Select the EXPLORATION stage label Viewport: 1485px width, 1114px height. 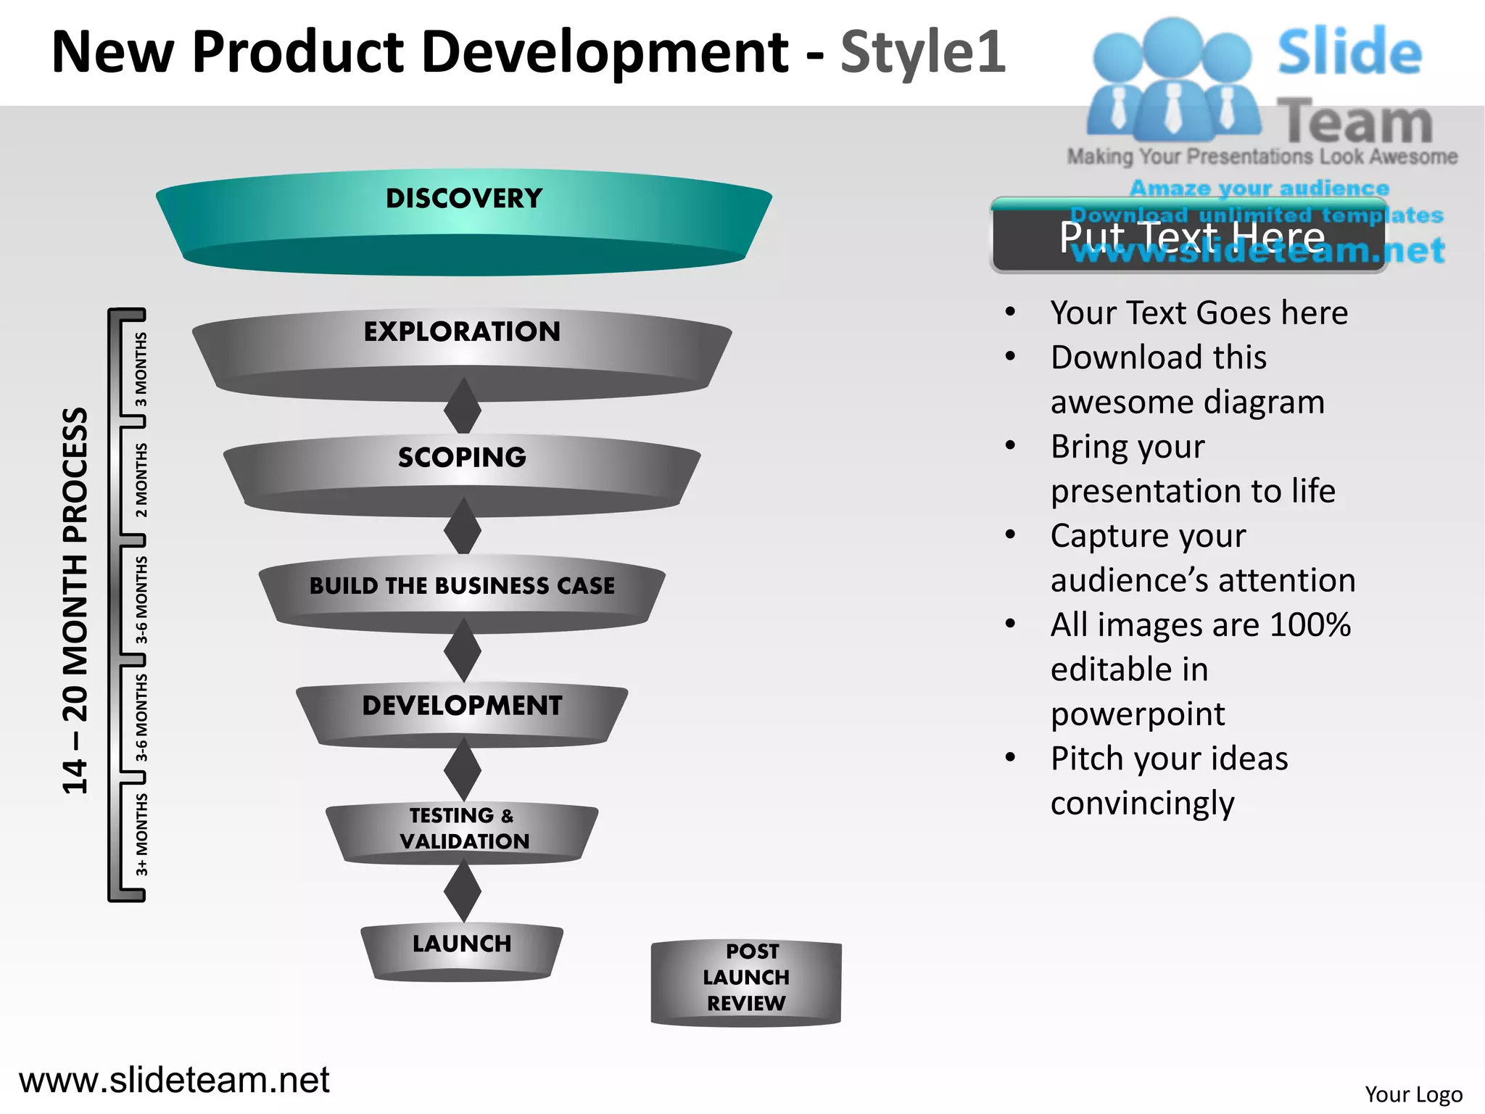[x=462, y=332]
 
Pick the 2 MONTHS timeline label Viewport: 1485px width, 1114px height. [x=141, y=480]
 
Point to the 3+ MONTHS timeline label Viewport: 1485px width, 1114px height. [x=141, y=834]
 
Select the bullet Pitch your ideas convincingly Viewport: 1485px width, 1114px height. [x=1169, y=780]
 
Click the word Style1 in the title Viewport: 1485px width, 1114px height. [x=922, y=52]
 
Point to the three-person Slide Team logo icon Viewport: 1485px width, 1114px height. [x=1172, y=80]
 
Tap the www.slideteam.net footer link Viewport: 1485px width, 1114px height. [x=174, y=1080]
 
